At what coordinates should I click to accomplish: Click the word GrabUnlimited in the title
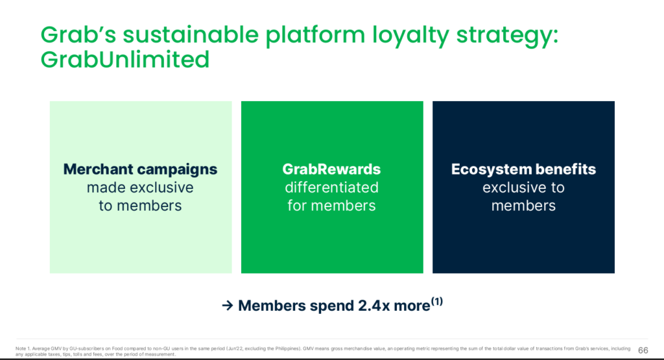125,60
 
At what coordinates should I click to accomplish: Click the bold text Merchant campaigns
140,169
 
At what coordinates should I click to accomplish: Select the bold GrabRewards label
331,169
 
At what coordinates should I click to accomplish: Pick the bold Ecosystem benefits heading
523,169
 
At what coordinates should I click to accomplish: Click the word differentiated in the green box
331,187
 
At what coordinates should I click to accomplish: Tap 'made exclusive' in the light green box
140,187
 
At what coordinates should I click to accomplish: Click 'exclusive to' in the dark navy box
523,187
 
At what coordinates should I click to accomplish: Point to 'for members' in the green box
331,206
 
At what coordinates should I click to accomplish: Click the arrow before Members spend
227,306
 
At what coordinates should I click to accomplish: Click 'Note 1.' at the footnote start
24,348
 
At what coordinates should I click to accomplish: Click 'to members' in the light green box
140,206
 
